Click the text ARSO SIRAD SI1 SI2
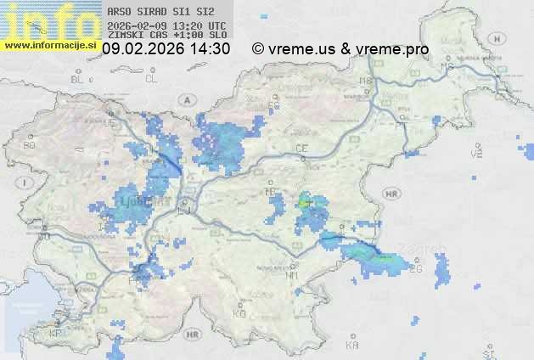[x=155, y=13]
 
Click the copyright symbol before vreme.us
[x=258, y=49]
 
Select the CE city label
[x=301, y=149]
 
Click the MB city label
[x=367, y=81]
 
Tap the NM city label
[x=293, y=275]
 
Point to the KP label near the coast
[x=56, y=334]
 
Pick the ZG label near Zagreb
[x=415, y=269]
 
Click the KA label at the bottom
[x=352, y=345]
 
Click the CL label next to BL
[x=151, y=79]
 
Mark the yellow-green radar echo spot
[x=305, y=202]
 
